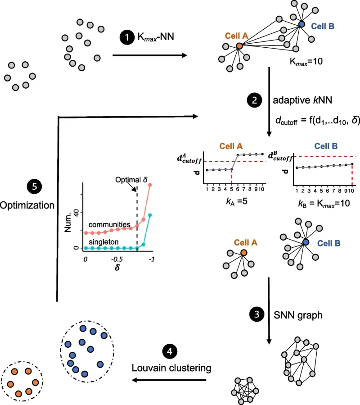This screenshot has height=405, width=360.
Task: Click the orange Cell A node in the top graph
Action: [239, 46]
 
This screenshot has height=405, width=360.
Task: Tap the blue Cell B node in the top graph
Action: [301, 25]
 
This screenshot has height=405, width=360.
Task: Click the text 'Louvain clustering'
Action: [171, 368]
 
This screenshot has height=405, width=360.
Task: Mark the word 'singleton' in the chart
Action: [103, 241]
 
